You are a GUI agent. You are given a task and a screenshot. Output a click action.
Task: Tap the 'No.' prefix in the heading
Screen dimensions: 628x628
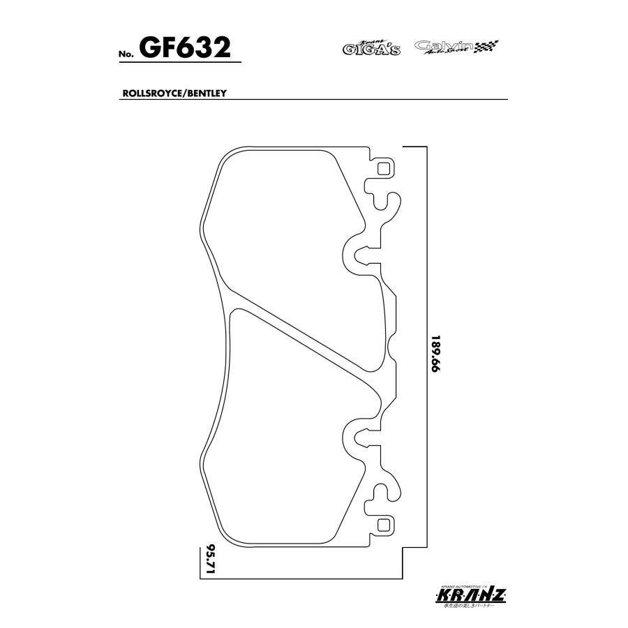tap(127, 54)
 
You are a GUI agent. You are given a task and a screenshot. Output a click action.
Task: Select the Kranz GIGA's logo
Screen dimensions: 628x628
tap(371, 47)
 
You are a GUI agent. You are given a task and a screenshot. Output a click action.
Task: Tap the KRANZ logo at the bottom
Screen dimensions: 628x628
tap(470, 595)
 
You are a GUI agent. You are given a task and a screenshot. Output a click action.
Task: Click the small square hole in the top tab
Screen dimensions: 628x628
tap(382, 167)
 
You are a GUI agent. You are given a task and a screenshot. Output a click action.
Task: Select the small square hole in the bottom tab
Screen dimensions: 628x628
tap(382, 524)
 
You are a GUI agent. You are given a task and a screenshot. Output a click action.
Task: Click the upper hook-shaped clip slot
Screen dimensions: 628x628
tap(387, 202)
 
